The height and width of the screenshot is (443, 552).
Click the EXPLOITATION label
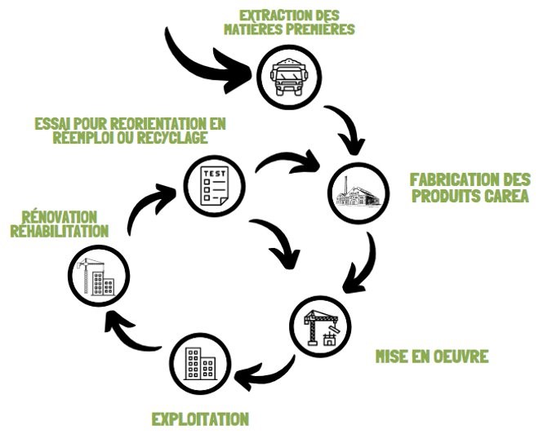click(x=200, y=420)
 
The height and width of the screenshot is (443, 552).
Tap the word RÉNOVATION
click(x=55, y=217)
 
